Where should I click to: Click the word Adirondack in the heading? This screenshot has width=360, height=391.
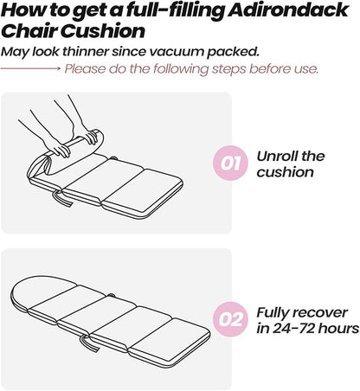pos(288,10)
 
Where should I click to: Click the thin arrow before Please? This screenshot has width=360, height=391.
pos(30,68)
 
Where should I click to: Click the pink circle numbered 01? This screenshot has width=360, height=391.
pos(230,163)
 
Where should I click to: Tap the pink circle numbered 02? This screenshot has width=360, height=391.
pos(230,319)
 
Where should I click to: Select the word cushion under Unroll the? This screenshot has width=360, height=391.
pos(285,172)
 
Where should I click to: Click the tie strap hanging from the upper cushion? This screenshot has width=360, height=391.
pos(61,199)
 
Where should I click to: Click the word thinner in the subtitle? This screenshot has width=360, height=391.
pos(86,52)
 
